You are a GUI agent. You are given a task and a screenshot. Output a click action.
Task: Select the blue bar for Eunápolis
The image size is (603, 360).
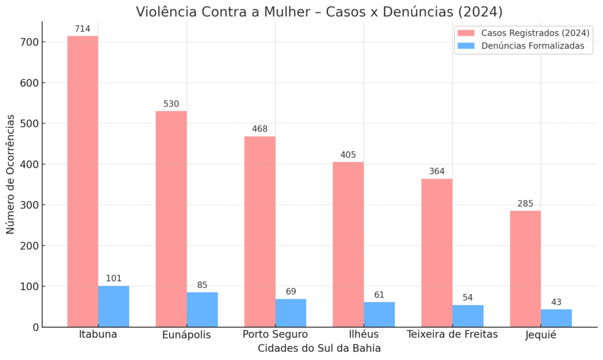pyautogui.click(x=202, y=309)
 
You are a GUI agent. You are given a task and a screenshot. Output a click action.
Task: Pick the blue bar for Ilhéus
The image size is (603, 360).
pyautogui.click(x=379, y=314)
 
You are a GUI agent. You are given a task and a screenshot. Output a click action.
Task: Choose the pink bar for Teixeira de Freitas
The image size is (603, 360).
pyautogui.click(x=437, y=253)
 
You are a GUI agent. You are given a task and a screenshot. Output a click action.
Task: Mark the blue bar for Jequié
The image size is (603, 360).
pyautogui.click(x=556, y=318)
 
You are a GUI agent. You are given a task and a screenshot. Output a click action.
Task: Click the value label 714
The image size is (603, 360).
pyautogui.click(x=82, y=29)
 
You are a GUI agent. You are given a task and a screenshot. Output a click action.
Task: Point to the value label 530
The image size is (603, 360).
pyautogui.click(x=171, y=104)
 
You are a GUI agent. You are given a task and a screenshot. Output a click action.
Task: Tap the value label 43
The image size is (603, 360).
pyautogui.click(x=556, y=302)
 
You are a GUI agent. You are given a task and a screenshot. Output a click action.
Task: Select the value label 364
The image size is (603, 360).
pyautogui.click(x=437, y=171)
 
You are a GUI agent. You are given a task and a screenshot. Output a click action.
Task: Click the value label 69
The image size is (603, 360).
pyautogui.click(x=291, y=292)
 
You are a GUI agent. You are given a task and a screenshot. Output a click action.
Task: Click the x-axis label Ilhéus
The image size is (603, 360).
pyautogui.click(x=364, y=335)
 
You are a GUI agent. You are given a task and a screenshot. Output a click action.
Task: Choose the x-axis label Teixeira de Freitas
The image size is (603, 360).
pyautogui.click(x=452, y=335)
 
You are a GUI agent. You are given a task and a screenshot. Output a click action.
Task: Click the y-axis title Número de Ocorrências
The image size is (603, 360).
pyautogui.click(x=11, y=174)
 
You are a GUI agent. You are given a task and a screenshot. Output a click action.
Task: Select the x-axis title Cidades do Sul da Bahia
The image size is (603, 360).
pyautogui.click(x=319, y=348)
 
